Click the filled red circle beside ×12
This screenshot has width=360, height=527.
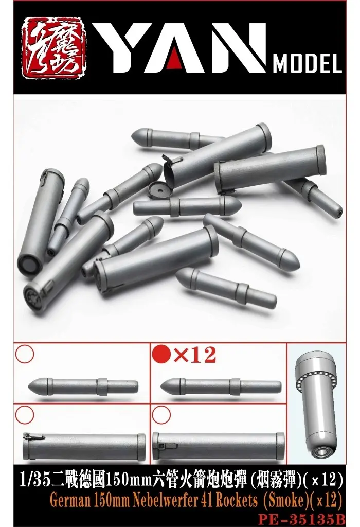click(161, 355)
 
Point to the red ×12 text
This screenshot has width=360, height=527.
click(194, 356)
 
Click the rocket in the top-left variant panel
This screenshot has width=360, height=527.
click(82, 385)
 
